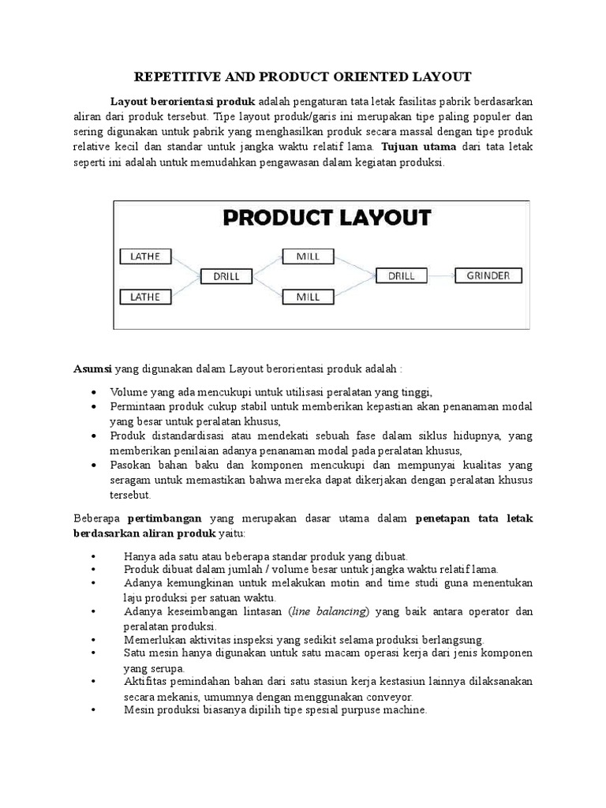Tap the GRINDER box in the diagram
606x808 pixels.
click(488, 276)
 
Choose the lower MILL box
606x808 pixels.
click(307, 297)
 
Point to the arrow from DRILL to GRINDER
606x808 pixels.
click(441, 276)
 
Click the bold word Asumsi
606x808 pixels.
click(94, 368)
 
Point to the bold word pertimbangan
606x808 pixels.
click(166, 518)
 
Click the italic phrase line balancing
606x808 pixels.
click(329, 612)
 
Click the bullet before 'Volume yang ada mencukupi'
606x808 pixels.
click(95, 392)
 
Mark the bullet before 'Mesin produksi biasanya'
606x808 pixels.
click(95, 710)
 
